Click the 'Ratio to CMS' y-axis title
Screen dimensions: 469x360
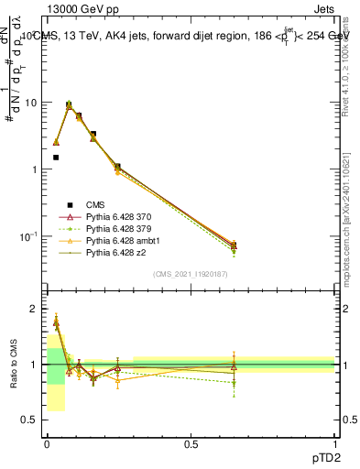[x=14, y=364]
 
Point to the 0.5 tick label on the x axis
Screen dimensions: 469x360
[x=191, y=442]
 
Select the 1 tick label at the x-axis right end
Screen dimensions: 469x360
[x=334, y=442]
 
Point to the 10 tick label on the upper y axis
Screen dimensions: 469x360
[x=32, y=103]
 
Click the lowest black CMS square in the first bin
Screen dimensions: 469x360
[x=56, y=158]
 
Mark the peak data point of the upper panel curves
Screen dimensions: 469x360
[x=69, y=105]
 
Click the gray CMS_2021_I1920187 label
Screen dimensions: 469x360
[x=191, y=274]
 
